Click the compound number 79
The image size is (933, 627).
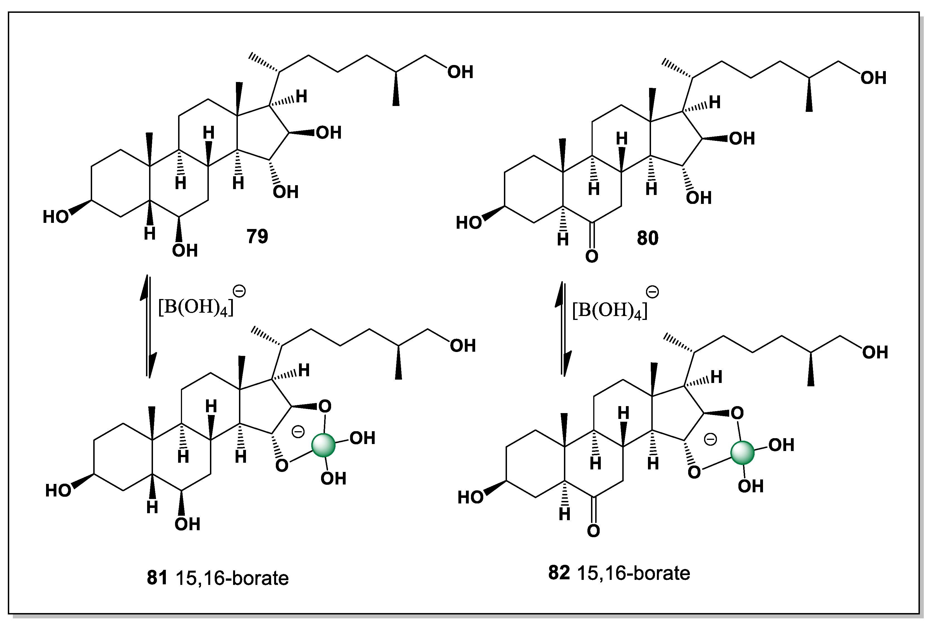click(x=257, y=236)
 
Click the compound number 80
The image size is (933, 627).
click(x=647, y=238)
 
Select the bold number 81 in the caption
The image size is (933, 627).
click(x=157, y=578)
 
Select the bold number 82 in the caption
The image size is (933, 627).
click(x=559, y=573)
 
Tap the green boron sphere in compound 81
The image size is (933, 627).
click(x=323, y=445)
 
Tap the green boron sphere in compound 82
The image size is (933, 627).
click(x=742, y=452)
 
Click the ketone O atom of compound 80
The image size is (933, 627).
click(x=592, y=256)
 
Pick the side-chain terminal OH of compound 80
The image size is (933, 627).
click(x=873, y=78)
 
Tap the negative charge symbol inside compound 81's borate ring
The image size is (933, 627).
click(x=298, y=431)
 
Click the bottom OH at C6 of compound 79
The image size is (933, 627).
click(x=185, y=251)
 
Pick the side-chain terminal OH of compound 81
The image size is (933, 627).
click(x=463, y=346)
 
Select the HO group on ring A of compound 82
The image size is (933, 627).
click(x=470, y=497)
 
